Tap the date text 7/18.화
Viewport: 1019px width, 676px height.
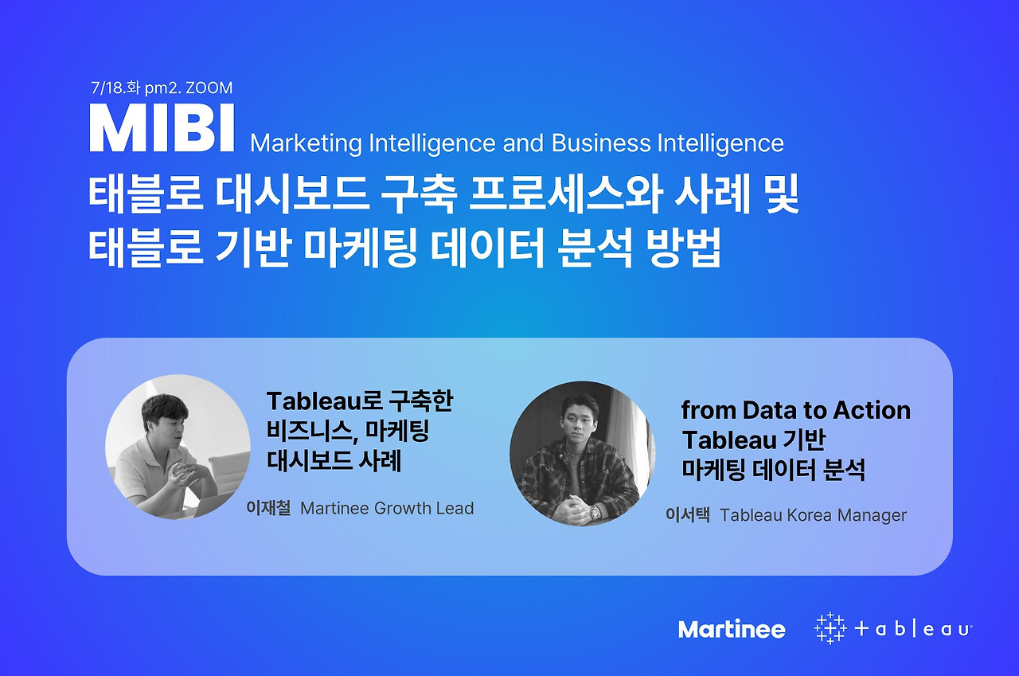tap(116, 88)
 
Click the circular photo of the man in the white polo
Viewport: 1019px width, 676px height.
tap(178, 447)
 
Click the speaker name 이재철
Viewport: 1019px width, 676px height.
tap(267, 508)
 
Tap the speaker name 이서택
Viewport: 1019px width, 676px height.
tap(687, 515)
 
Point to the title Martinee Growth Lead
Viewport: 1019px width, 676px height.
tap(387, 508)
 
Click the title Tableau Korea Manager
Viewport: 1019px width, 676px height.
tap(813, 515)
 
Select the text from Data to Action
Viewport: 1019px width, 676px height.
tap(795, 411)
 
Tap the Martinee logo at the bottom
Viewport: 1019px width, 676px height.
tap(732, 629)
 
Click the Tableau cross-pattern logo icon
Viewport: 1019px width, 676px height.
tap(830, 628)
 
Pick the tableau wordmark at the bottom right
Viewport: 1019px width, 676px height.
tap(912, 629)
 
